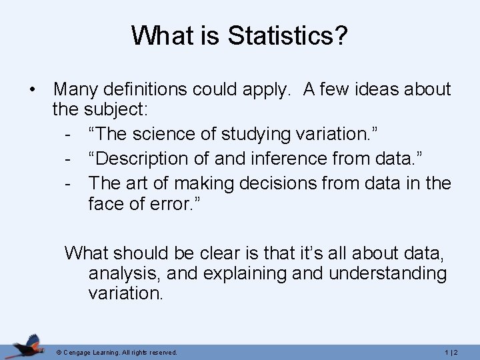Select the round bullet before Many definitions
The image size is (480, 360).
(32, 89)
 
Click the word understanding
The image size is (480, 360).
(389, 274)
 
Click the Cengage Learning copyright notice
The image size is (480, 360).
(117, 352)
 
